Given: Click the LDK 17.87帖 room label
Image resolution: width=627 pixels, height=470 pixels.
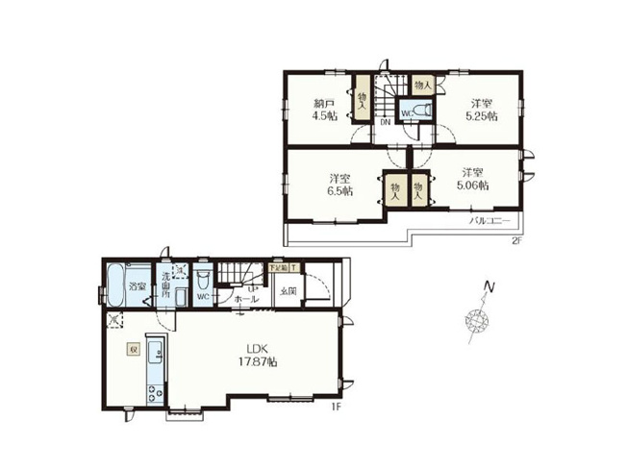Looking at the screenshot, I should (x=259, y=355).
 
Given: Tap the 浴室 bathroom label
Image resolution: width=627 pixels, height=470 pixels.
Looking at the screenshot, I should (x=138, y=286).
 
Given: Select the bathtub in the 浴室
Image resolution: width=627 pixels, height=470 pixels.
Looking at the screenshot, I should (x=114, y=282).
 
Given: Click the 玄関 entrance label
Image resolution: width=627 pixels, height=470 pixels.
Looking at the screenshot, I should (x=288, y=290).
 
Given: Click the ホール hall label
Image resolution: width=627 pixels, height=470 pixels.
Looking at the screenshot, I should (x=247, y=299).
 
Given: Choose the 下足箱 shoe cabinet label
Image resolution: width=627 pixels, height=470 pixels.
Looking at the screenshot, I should (x=280, y=268).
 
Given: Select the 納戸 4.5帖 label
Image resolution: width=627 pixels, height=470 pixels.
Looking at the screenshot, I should (x=323, y=111).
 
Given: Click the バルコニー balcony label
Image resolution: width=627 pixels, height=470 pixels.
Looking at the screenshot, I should (x=489, y=220).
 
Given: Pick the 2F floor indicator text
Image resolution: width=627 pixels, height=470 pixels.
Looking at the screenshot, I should (x=516, y=240).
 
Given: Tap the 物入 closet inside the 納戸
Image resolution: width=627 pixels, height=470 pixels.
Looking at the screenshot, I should (x=362, y=99).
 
